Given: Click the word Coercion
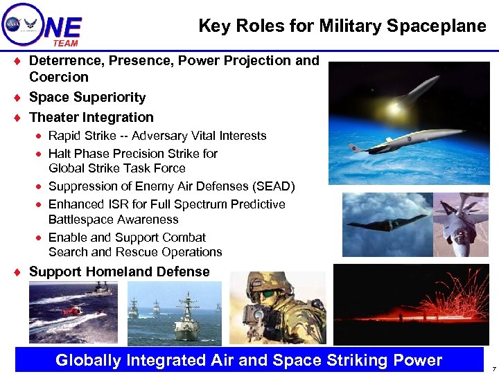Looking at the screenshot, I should coord(59,77).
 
